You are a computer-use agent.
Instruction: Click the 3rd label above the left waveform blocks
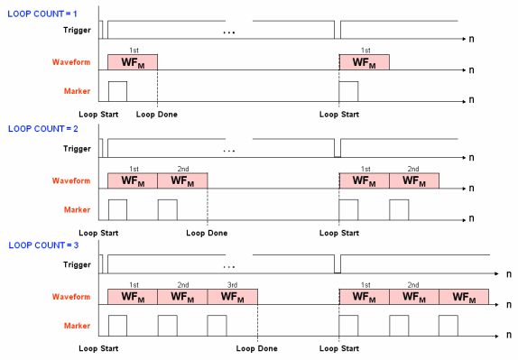click(232, 284)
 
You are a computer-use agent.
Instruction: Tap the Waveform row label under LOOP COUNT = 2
click(70, 180)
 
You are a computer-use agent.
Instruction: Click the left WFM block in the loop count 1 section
click(133, 63)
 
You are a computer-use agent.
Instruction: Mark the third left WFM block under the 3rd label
click(232, 297)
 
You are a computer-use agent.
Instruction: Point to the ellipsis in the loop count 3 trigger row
click(228, 267)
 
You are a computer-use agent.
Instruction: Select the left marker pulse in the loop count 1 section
click(117, 91)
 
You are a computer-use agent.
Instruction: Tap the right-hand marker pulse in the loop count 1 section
click(349, 91)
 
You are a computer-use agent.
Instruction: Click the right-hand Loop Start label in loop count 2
click(338, 231)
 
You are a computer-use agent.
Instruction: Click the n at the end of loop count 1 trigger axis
click(472, 42)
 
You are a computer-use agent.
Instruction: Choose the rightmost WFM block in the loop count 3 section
click(464, 297)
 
